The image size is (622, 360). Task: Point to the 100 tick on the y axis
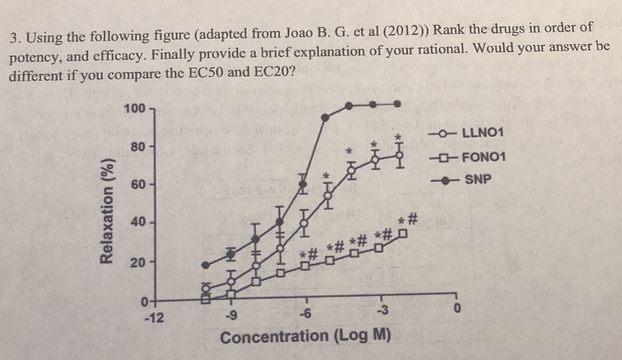point(134,109)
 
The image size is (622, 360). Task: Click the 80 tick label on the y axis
point(137,146)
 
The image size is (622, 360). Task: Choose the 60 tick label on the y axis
point(137,184)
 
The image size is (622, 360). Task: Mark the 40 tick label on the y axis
point(137,222)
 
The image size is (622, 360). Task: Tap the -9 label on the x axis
point(230,314)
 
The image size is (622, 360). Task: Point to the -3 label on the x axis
point(383,312)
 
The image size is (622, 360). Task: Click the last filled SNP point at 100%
point(398,104)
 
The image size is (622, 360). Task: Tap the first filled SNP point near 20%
point(205,265)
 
